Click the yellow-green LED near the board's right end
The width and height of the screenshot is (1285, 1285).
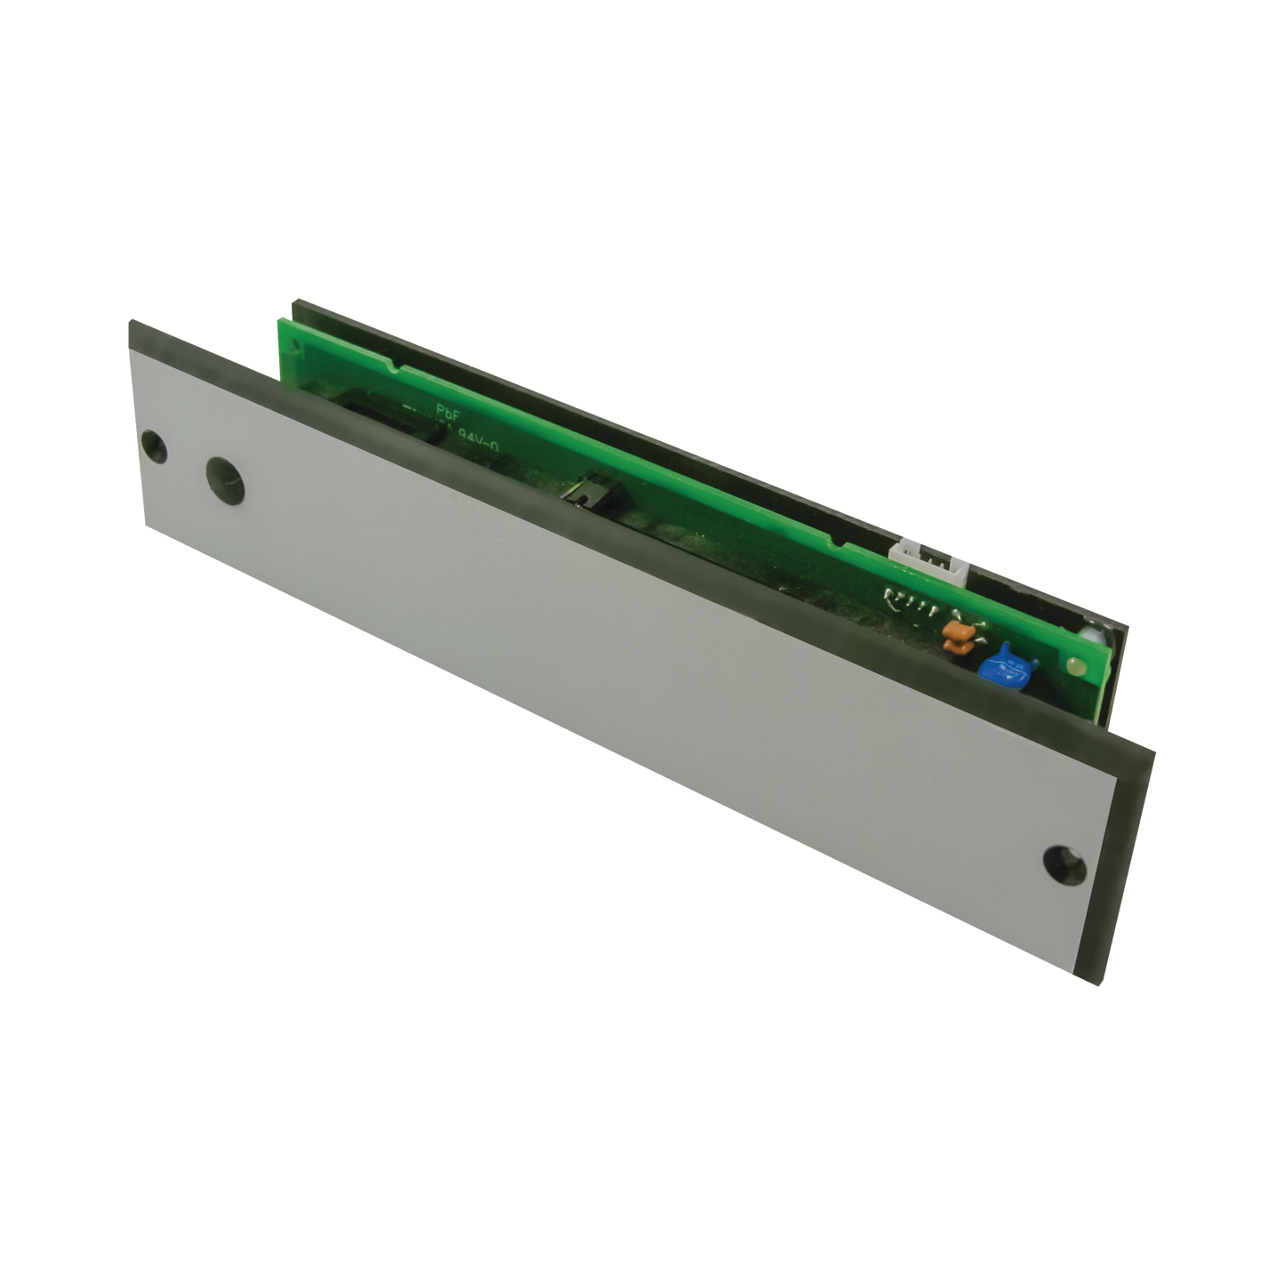(x=1072, y=665)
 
